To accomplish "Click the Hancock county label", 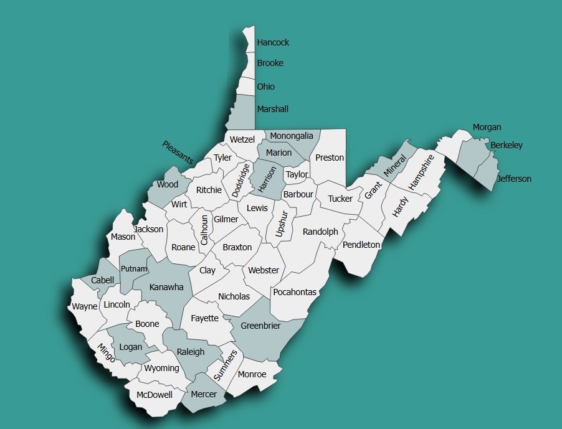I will point(273,43).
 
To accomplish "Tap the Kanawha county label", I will point(166,287).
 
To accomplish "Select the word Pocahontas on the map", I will point(295,292).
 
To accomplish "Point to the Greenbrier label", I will point(260,326).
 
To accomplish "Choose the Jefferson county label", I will point(514,179).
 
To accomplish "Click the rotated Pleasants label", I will point(178,153).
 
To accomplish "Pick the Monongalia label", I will point(292,136).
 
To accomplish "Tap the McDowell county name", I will point(155,395).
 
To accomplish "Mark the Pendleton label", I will point(361,245).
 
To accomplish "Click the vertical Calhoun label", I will point(204,229).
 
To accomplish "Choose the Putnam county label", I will point(134,269).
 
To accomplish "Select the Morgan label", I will point(487,127).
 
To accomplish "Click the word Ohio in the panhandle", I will point(265,87).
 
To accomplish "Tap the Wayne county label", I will point(85,306).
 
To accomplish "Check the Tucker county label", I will point(340,199).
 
